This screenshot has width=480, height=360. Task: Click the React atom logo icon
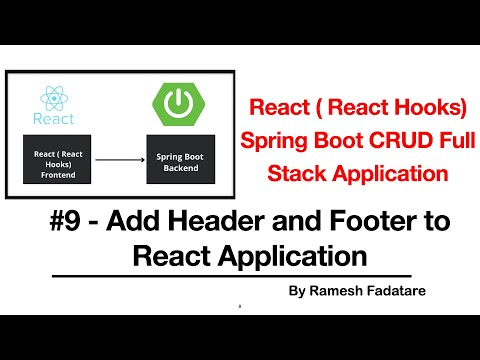click(53, 97)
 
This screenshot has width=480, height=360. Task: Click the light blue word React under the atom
click(53, 119)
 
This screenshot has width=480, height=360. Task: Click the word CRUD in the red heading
click(388, 140)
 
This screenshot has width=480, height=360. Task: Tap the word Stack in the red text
click(296, 173)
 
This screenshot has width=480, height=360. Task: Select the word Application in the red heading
click(386, 173)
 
